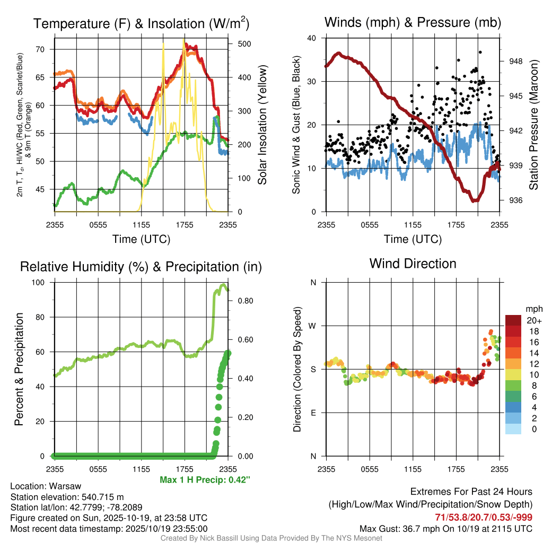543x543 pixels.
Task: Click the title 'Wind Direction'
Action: pos(413,263)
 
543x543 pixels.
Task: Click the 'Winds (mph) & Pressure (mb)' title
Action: pos(413,22)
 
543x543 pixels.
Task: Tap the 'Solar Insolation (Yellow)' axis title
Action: pos(262,125)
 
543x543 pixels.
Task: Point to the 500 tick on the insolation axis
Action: pos(244,43)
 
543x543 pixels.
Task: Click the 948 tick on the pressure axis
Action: pos(515,61)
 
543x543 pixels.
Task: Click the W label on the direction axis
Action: pos(313,326)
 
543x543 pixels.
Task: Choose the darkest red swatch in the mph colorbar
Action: pos(513,320)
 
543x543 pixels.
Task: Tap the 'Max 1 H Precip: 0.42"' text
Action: pos(205,480)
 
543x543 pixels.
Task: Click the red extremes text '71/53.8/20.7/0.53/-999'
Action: pos(480,517)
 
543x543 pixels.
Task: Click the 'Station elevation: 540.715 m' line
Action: pos(67,497)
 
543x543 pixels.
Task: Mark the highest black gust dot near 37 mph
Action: pos(480,52)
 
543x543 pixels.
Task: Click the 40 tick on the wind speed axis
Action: pos(312,38)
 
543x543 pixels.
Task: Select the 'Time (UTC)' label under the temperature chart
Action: pos(141,239)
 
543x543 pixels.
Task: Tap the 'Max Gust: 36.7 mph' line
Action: pos(445,528)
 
